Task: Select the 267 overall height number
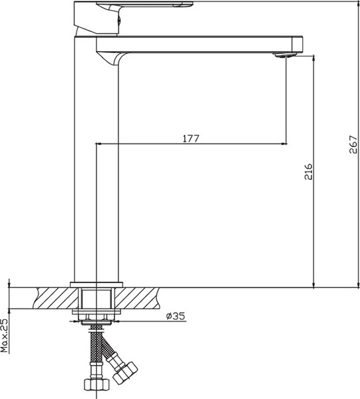click(353, 145)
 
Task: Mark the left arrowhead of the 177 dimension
click(100, 144)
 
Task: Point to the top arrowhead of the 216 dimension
click(314, 60)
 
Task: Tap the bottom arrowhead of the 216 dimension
click(314, 284)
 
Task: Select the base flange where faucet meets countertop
click(96, 285)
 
